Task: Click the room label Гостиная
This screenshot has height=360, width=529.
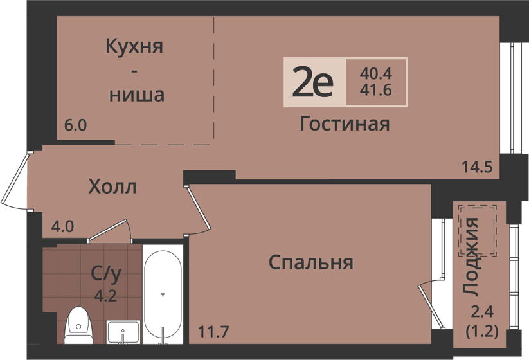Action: pos(345,123)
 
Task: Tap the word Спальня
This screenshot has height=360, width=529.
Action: pos(311,262)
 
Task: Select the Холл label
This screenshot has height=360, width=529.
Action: pos(112,186)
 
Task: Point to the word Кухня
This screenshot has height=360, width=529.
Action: pos(134,46)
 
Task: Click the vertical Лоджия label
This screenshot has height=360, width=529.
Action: pos(471,257)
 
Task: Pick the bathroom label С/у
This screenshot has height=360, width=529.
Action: pos(106,274)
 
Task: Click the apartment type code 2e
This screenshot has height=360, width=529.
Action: pos(313,82)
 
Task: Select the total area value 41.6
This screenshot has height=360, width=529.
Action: pos(375,90)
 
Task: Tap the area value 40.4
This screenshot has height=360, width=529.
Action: pos(375,73)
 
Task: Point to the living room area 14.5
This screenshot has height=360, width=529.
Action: pos(478,166)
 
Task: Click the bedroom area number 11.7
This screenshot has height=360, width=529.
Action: pos(213,331)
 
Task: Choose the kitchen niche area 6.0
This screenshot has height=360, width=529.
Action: pos(76,125)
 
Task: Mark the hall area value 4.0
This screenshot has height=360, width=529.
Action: pos(63,226)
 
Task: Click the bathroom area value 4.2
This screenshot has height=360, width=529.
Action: pos(105,296)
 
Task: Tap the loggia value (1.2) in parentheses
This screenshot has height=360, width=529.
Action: pos(482,331)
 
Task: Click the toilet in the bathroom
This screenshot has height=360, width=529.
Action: pos(78,325)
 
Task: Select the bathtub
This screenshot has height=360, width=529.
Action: pos(163,294)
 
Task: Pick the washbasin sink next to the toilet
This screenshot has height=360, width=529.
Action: pos(123,332)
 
